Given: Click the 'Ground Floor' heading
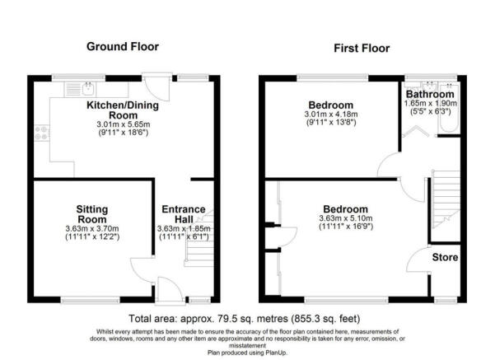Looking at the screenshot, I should pos(123,46).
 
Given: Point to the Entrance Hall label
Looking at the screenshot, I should pos(183,214).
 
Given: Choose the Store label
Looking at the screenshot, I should pos(446,258).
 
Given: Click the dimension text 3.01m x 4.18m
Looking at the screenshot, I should pos(331,116).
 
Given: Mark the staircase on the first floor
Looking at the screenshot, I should pos(445,202).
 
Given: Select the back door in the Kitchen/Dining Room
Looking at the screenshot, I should pos(152,85).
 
